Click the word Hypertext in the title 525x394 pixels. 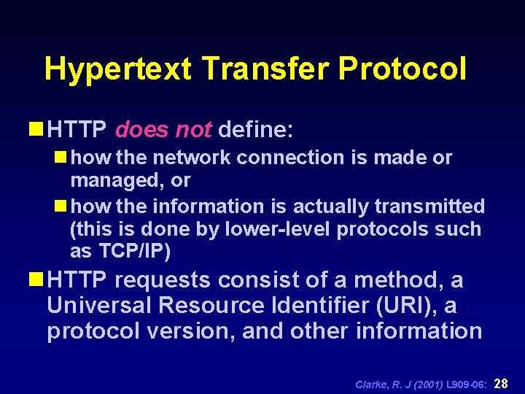pyautogui.click(x=118, y=69)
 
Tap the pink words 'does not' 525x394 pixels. pyautogui.click(x=163, y=131)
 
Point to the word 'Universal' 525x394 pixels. pyautogui.click(x=95, y=305)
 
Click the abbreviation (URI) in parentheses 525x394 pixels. pyautogui.click(x=421, y=305)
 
